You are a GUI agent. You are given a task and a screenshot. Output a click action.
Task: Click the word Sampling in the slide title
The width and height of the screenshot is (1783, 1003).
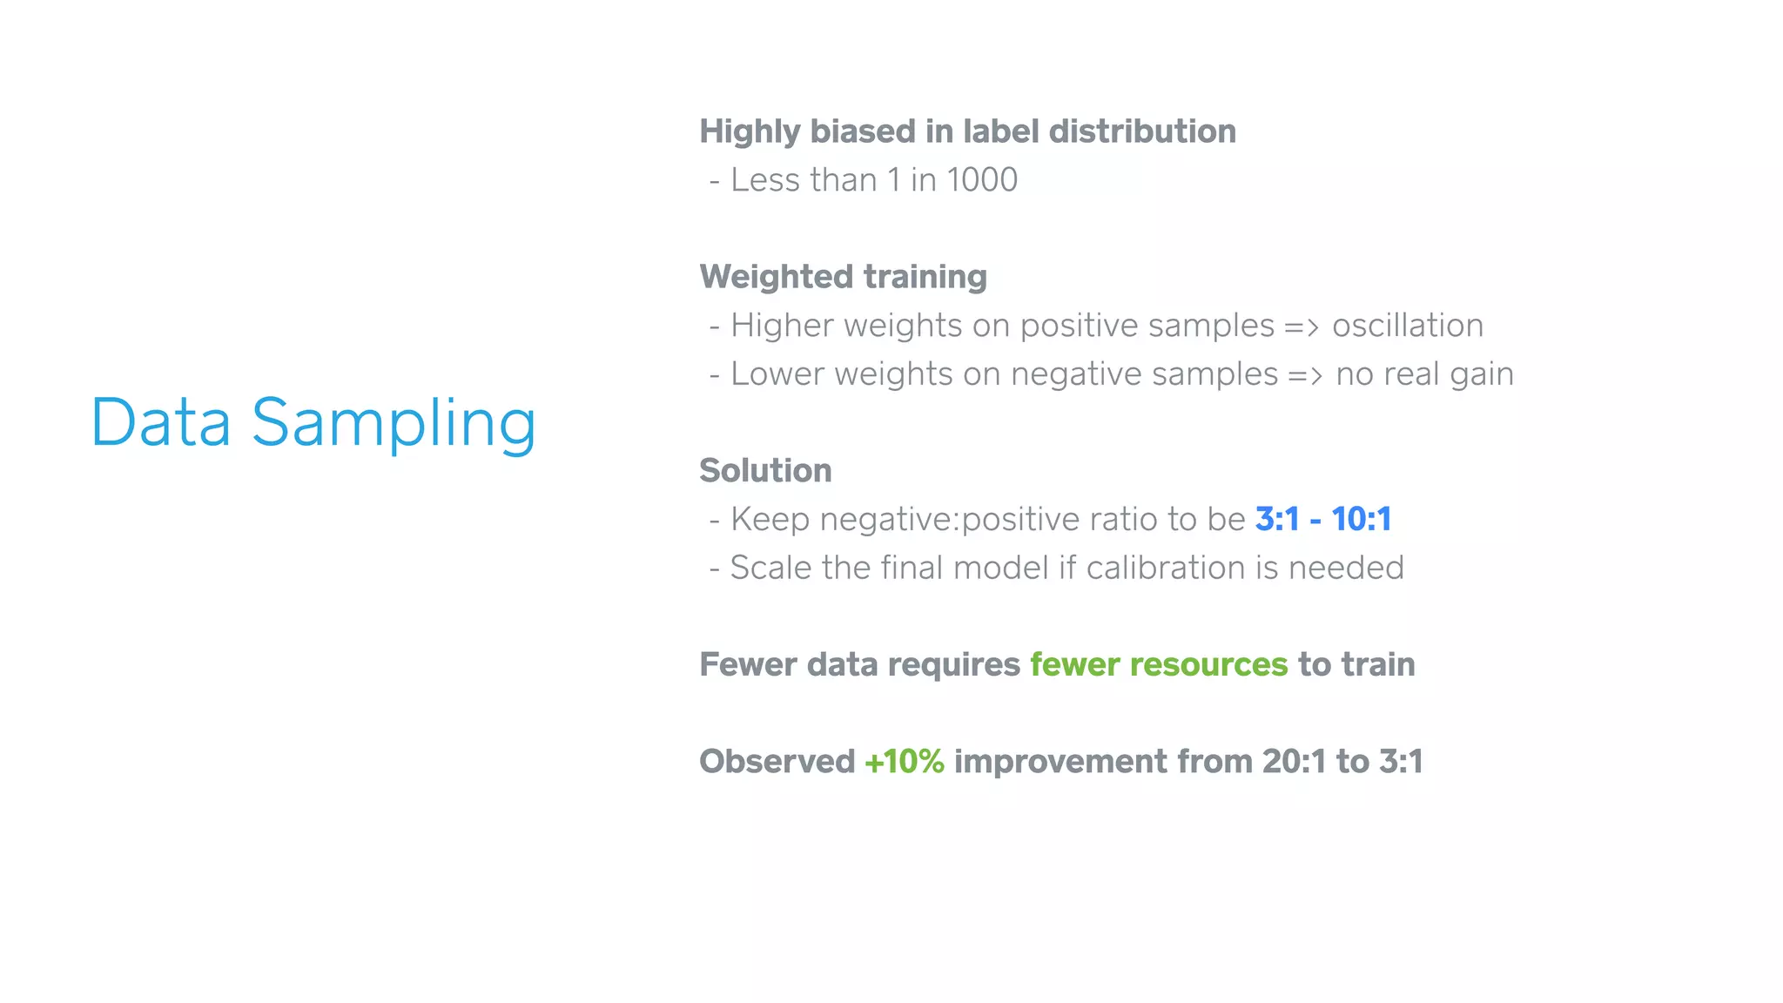tap(394, 424)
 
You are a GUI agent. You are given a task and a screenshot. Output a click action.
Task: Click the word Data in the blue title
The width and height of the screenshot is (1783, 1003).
tap(161, 424)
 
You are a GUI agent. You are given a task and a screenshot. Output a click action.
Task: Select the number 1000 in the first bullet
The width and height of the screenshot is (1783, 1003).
tap(981, 180)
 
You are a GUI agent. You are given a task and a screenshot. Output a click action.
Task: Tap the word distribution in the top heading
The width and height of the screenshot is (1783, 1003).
tap(1142, 131)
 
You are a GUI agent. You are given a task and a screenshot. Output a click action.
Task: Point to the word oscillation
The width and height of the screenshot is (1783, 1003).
tap(1407, 326)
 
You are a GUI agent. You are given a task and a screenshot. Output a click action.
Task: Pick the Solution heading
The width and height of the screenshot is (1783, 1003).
tap(765, 471)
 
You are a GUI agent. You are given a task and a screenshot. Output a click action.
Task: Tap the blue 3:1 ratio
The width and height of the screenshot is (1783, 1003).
tap(1276, 520)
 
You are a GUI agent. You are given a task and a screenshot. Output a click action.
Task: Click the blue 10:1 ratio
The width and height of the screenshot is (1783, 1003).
tap(1361, 520)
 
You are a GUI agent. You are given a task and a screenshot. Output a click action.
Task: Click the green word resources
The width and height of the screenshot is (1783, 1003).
tap(1208, 665)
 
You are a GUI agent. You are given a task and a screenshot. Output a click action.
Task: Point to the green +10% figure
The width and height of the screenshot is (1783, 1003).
tap(904, 762)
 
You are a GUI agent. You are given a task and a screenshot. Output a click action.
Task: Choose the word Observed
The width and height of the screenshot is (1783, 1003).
tap(777, 762)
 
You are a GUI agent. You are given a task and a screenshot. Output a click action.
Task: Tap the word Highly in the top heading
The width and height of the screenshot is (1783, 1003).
tap(750, 131)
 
